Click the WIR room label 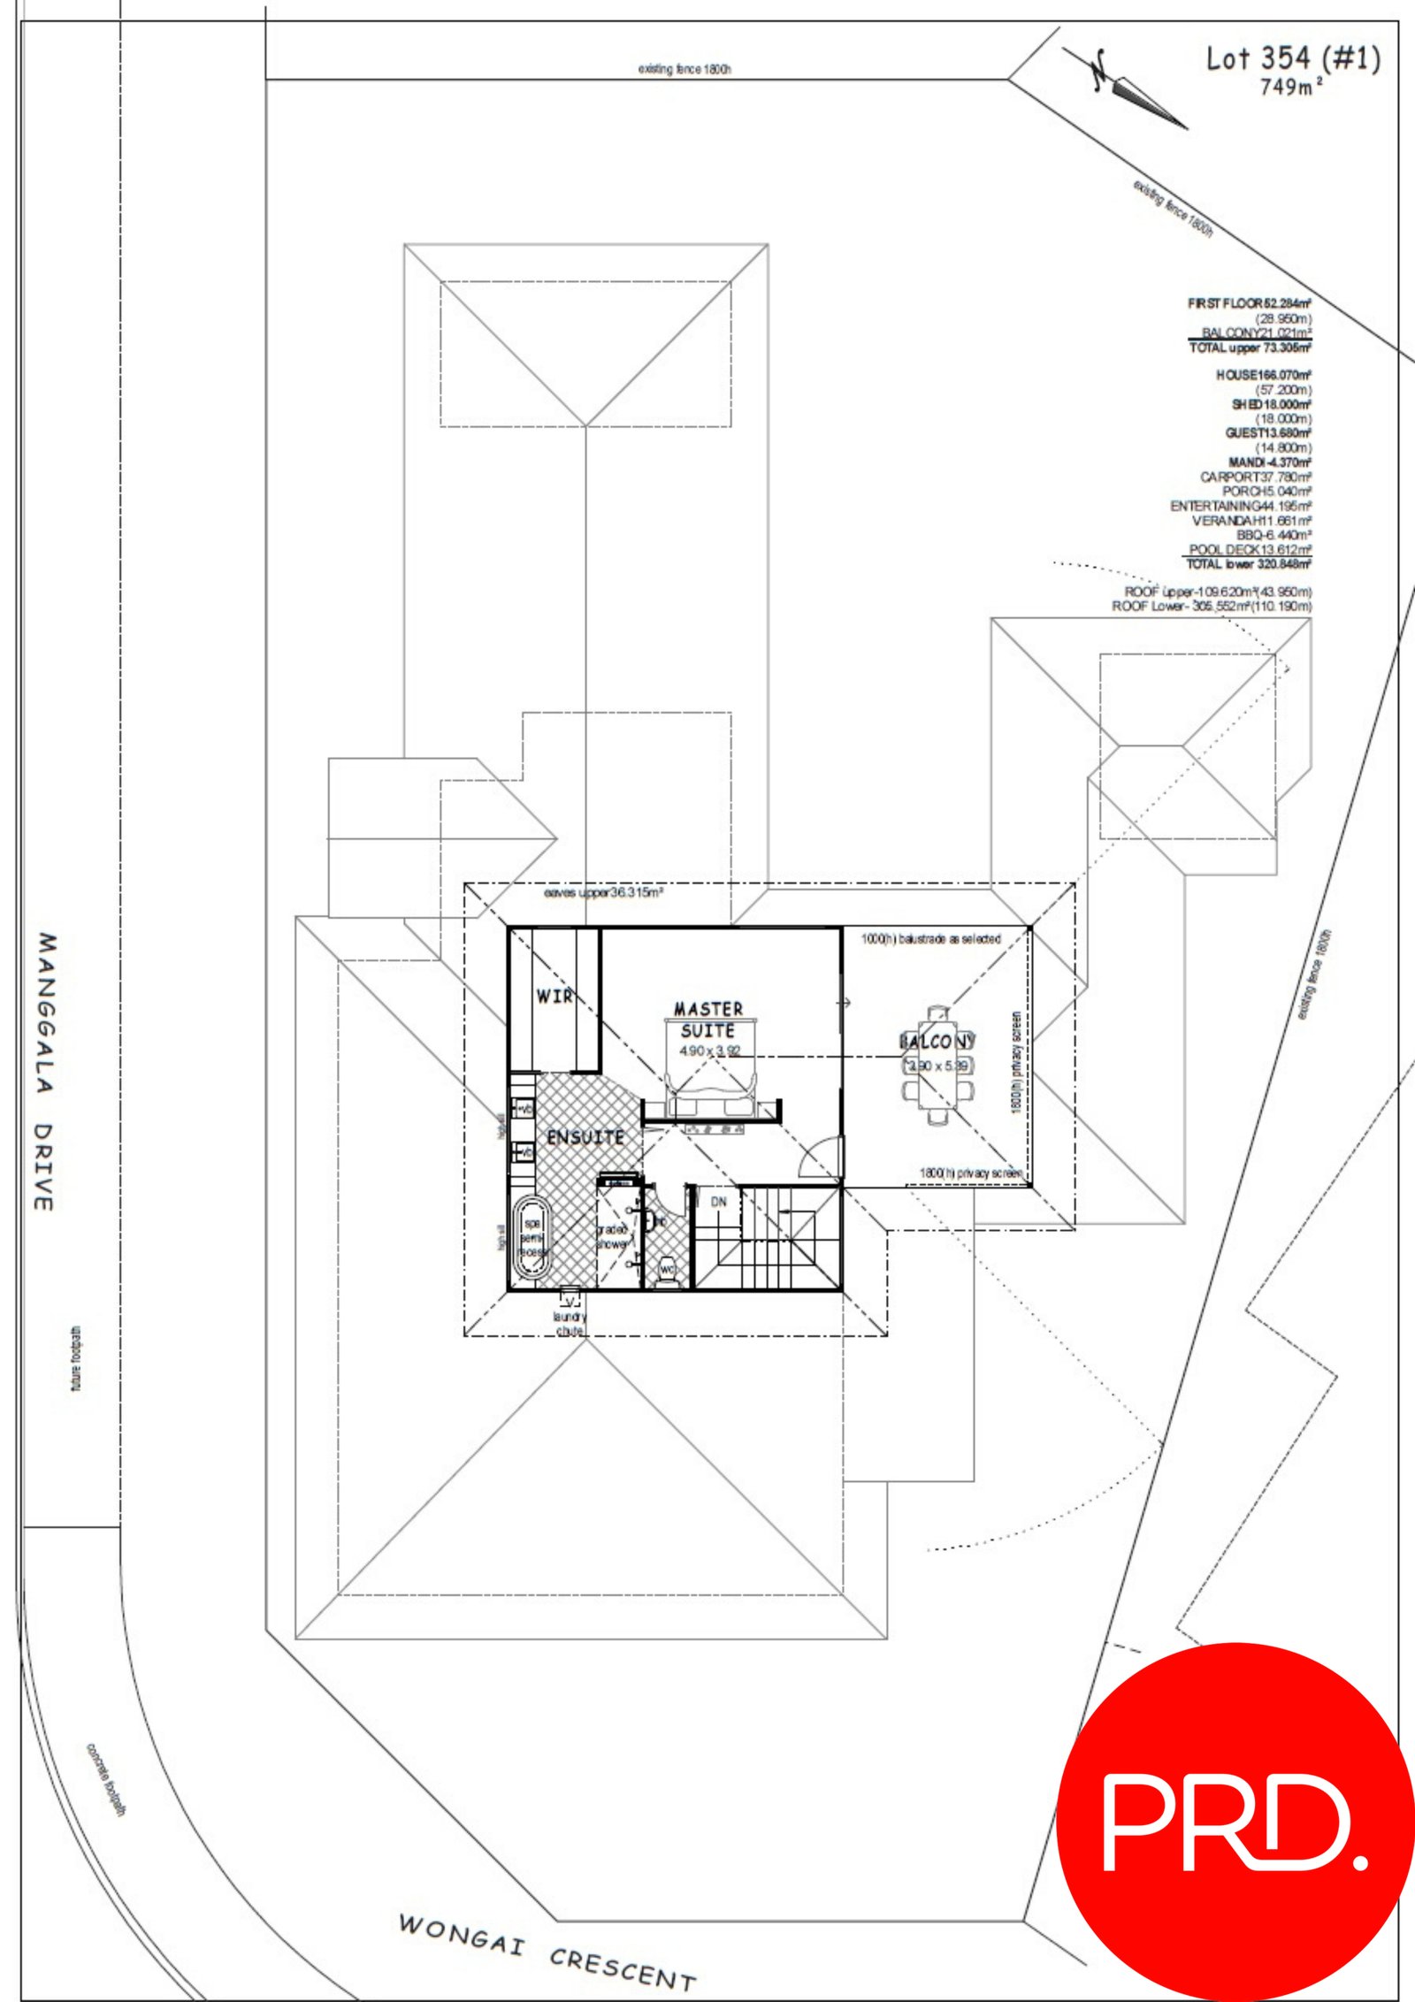pyautogui.click(x=554, y=997)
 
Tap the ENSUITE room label pyautogui.click(x=585, y=1137)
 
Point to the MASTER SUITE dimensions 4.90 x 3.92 pyautogui.click(x=709, y=1051)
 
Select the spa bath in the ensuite pyautogui.click(x=532, y=1239)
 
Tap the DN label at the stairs pyautogui.click(x=718, y=1203)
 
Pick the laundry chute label pyautogui.click(x=570, y=1323)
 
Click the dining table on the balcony pyautogui.click(x=938, y=1066)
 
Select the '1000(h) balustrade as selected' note pyautogui.click(x=930, y=939)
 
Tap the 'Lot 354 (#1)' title pyautogui.click(x=1292, y=58)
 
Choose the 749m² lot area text pyautogui.click(x=1291, y=87)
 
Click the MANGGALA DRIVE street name pyautogui.click(x=46, y=1071)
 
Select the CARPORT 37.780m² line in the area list pyautogui.click(x=1255, y=478)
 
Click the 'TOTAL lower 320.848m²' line pyautogui.click(x=1248, y=564)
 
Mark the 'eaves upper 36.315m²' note pyautogui.click(x=603, y=893)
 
